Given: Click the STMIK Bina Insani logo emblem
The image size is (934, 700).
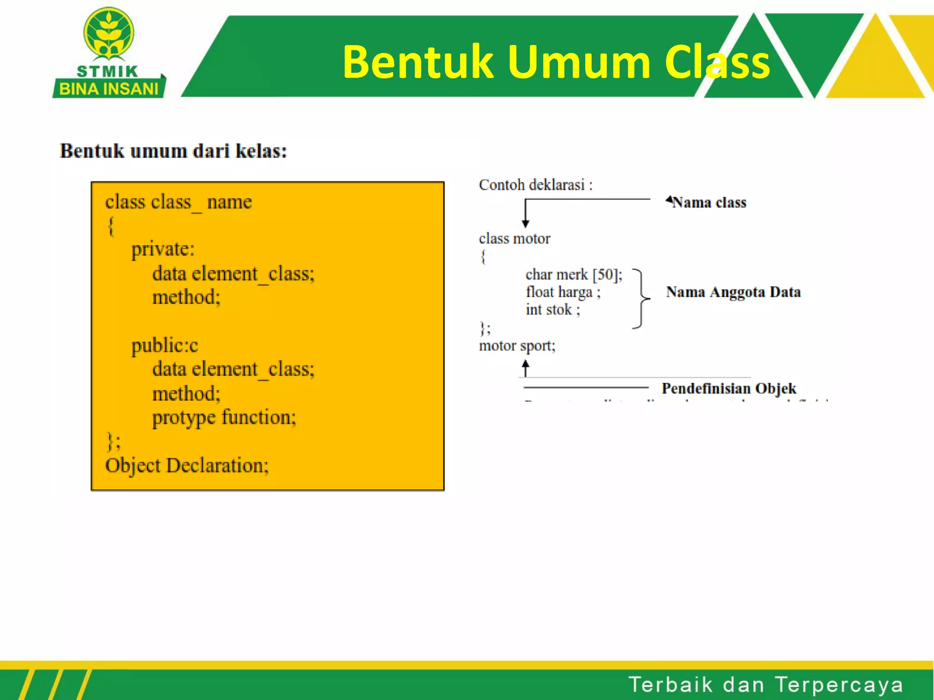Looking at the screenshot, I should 109,34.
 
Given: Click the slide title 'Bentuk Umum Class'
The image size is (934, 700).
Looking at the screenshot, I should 556,62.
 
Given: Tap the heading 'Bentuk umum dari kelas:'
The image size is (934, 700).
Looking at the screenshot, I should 173,151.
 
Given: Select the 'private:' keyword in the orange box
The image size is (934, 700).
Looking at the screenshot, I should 163,249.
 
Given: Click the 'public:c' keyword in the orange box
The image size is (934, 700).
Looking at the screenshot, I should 165,345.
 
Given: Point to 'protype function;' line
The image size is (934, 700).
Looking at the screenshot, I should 224,417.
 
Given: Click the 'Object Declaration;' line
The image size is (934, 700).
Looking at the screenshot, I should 187,466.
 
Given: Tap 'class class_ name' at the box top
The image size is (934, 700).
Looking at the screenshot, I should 178,202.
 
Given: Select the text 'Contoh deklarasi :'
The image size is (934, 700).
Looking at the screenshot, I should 535,185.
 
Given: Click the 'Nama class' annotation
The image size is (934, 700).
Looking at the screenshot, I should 709,202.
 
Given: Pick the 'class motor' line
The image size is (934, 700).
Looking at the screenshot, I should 514,238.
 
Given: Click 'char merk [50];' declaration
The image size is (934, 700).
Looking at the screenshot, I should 574,274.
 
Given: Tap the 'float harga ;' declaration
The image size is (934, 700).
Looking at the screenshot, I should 563,292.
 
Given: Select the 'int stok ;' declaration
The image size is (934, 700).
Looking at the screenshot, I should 553,310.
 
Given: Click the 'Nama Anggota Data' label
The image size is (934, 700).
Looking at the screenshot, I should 733,292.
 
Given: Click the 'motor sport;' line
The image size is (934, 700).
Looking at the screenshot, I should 517,346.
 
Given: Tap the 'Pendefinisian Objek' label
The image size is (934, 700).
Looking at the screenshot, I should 729,388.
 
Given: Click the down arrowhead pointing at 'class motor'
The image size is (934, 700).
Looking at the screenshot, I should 525,223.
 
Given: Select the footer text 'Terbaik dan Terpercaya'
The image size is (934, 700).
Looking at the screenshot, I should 766,685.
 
